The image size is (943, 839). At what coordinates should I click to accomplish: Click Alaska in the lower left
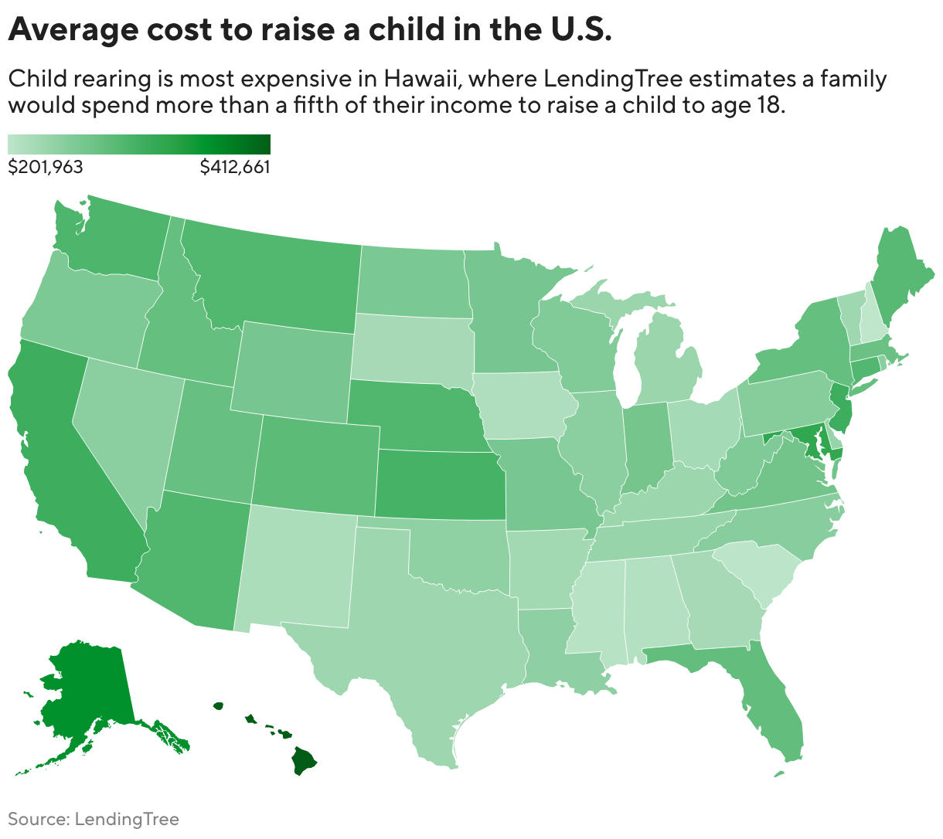click(x=85, y=695)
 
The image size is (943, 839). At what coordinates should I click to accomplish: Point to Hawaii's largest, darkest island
click(x=305, y=761)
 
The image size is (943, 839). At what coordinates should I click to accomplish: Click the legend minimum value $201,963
click(x=46, y=167)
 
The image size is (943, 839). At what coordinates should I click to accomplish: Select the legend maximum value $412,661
click(x=235, y=167)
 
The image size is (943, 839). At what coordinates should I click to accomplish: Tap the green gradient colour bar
click(x=139, y=144)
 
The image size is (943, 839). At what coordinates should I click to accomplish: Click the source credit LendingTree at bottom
click(x=127, y=820)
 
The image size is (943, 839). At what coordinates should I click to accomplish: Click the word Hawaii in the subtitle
click(x=420, y=79)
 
